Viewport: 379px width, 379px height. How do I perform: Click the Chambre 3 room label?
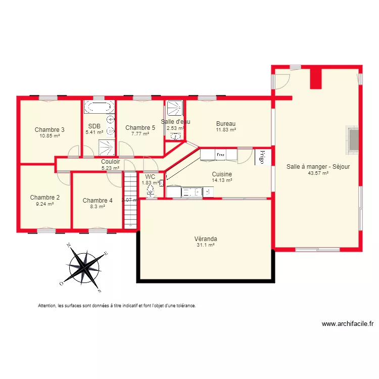[50, 129]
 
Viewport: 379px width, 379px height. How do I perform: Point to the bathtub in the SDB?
[99, 107]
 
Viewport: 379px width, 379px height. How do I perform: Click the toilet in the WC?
[151, 191]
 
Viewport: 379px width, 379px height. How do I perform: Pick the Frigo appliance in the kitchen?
[262, 156]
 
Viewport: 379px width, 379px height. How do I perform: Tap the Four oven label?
[220, 155]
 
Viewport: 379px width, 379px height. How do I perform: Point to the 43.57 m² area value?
[318, 173]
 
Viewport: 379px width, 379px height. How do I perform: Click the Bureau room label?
[226, 124]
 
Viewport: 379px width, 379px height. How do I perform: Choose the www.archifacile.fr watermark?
[347, 324]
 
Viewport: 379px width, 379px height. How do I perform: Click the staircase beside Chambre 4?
[131, 200]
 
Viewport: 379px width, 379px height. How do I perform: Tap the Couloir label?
[110, 162]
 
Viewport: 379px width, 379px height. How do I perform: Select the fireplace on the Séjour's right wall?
[353, 138]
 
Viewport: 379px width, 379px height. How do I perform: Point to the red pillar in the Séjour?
[316, 78]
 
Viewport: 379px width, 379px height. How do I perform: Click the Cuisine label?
[222, 174]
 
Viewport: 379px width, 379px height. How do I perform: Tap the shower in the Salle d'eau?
[175, 108]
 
